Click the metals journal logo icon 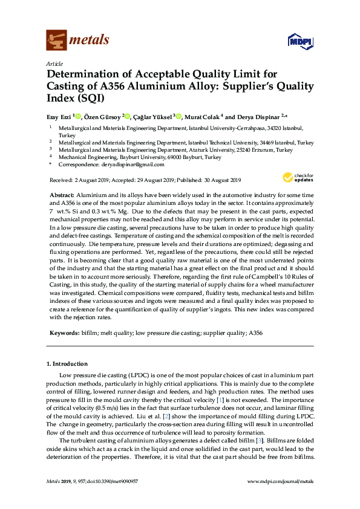[x=56, y=41]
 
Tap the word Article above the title [x=54, y=63]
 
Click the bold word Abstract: [x=61, y=196]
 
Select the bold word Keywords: [x=63, y=333]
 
